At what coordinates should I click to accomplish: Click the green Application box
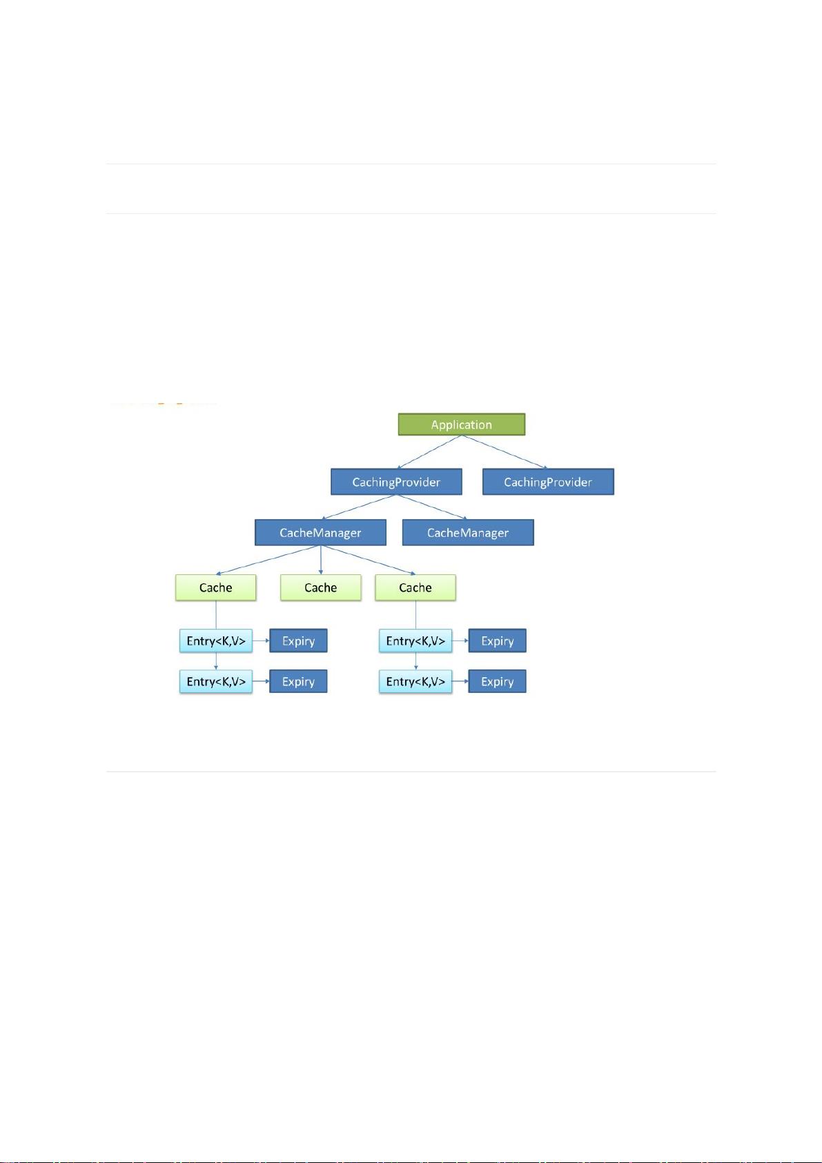click(461, 424)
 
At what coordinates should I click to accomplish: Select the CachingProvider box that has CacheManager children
click(396, 482)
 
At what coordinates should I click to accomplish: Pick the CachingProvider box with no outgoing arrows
click(548, 482)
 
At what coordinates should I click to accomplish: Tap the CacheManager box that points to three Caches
click(320, 532)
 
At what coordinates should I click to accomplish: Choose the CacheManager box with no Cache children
click(468, 532)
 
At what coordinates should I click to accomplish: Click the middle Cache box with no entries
click(320, 587)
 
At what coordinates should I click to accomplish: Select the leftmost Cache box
click(215, 587)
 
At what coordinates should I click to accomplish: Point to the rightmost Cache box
click(415, 587)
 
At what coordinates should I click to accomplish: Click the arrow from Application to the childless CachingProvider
click(505, 451)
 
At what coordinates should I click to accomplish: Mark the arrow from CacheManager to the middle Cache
click(320, 560)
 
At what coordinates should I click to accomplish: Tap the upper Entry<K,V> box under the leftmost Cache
click(216, 641)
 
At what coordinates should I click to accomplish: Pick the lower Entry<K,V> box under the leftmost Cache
click(216, 681)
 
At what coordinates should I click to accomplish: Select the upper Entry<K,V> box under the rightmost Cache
click(415, 641)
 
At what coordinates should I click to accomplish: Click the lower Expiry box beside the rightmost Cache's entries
click(498, 681)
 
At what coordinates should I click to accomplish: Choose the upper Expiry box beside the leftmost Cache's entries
click(298, 641)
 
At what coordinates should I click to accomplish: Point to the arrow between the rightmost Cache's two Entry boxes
click(415, 661)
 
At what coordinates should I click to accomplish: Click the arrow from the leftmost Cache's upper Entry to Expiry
click(261, 641)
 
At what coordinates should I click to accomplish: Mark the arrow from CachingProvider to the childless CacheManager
click(431, 507)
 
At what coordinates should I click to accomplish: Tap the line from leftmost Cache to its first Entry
click(216, 615)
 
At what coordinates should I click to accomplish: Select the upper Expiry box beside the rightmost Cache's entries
click(498, 641)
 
